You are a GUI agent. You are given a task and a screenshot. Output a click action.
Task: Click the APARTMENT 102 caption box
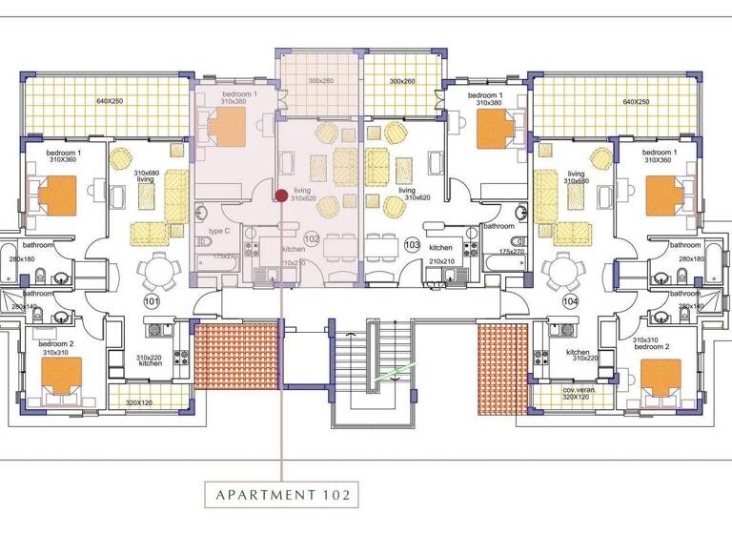[x=282, y=494]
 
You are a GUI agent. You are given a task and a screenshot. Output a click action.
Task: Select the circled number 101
[x=151, y=301]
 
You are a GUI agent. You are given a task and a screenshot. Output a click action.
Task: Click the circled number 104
[x=570, y=301]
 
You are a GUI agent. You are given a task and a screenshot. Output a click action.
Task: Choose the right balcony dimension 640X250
[x=635, y=102]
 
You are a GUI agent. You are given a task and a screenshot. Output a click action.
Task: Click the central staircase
[x=372, y=372]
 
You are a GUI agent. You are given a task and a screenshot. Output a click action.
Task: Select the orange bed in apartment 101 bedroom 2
[x=63, y=375]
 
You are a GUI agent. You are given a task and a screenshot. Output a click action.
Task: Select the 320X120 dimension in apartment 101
[x=139, y=403]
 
